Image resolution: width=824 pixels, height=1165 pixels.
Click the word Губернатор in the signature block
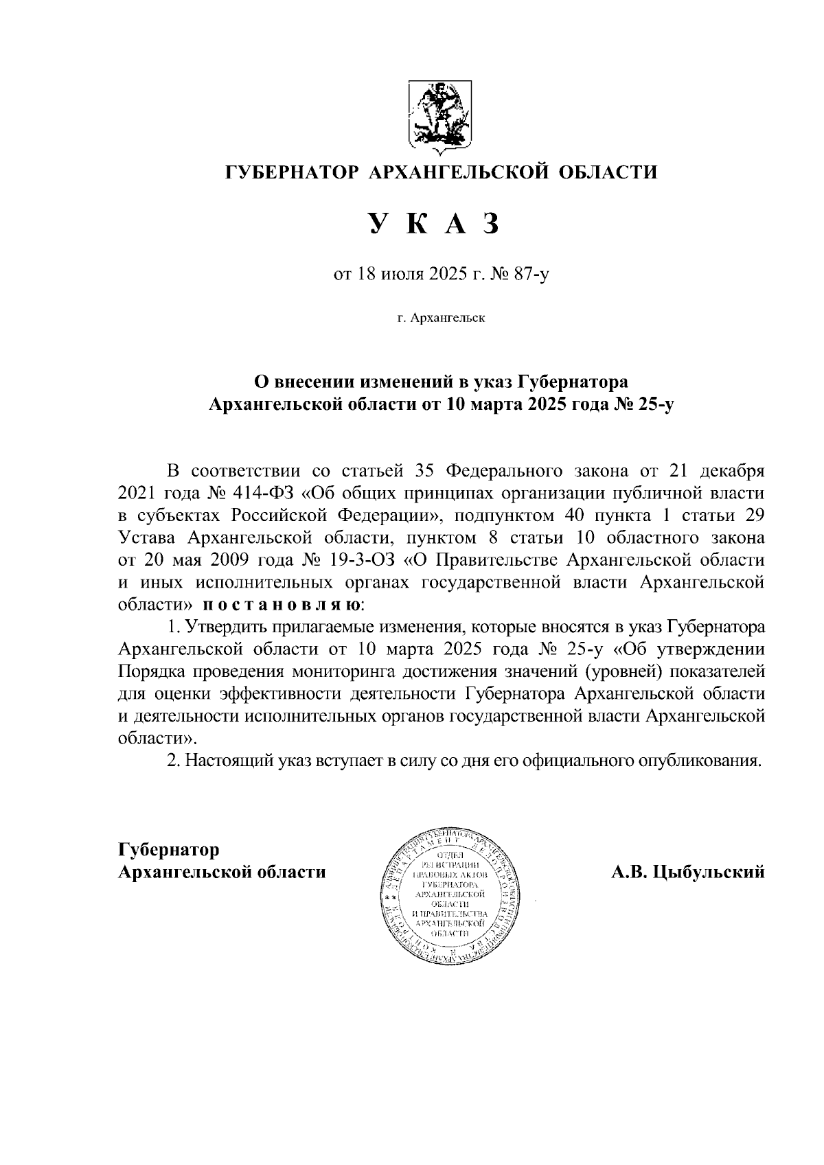tap(168, 849)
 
